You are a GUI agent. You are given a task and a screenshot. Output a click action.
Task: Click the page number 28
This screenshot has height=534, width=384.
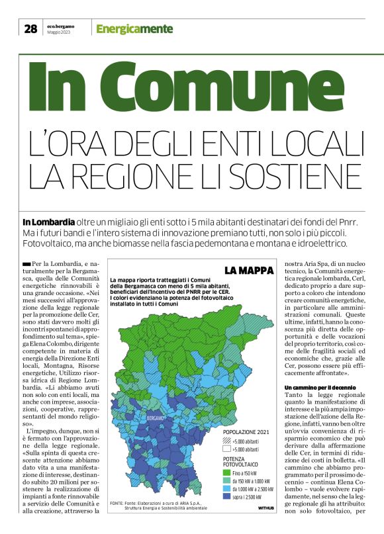(x=30, y=28)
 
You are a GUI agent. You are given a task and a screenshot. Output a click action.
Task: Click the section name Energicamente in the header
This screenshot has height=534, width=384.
(x=134, y=29)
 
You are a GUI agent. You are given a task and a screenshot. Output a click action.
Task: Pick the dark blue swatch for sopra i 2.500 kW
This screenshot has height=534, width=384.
(x=229, y=496)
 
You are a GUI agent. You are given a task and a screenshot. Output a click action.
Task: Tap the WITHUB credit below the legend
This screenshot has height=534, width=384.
(x=266, y=508)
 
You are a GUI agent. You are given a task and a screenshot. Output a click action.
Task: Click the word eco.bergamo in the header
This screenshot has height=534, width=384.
(x=60, y=26)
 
